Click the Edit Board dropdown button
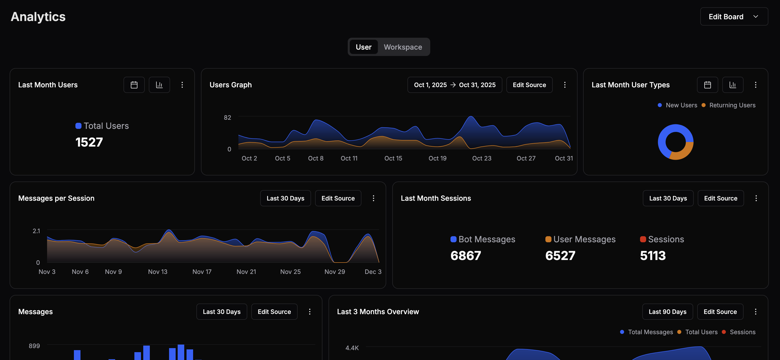coord(733,17)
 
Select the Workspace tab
coord(402,47)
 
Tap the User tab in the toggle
coord(363,47)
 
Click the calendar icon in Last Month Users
coord(134,85)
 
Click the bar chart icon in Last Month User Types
coord(732,85)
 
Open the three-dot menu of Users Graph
coord(564,85)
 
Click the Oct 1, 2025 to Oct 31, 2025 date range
coord(454,85)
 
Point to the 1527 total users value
coord(89,142)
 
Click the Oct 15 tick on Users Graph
coord(393,158)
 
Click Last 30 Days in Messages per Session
coord(285,198)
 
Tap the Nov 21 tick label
coord(246,272)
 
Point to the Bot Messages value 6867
coord(465,255)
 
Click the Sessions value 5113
coord(652,255)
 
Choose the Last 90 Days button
coord(667,312)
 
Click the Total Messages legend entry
coord(650,332)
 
